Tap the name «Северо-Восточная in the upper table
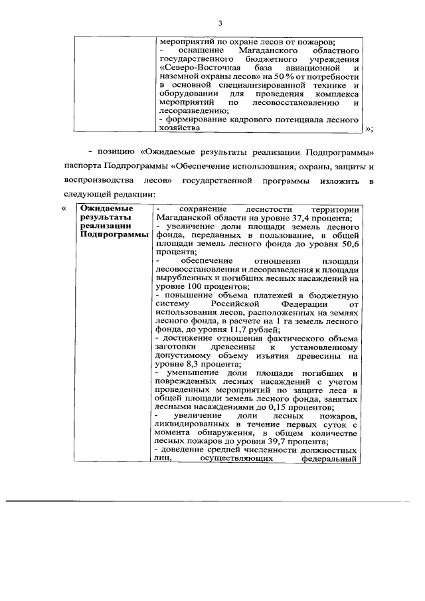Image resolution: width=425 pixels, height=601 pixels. pyautogui.click(x=195, y=68)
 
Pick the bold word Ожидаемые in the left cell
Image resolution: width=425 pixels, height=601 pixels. pyautogui.click(x=100, y=209)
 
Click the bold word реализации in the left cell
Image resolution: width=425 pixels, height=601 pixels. pyautogui.click(x=101, y=226)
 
